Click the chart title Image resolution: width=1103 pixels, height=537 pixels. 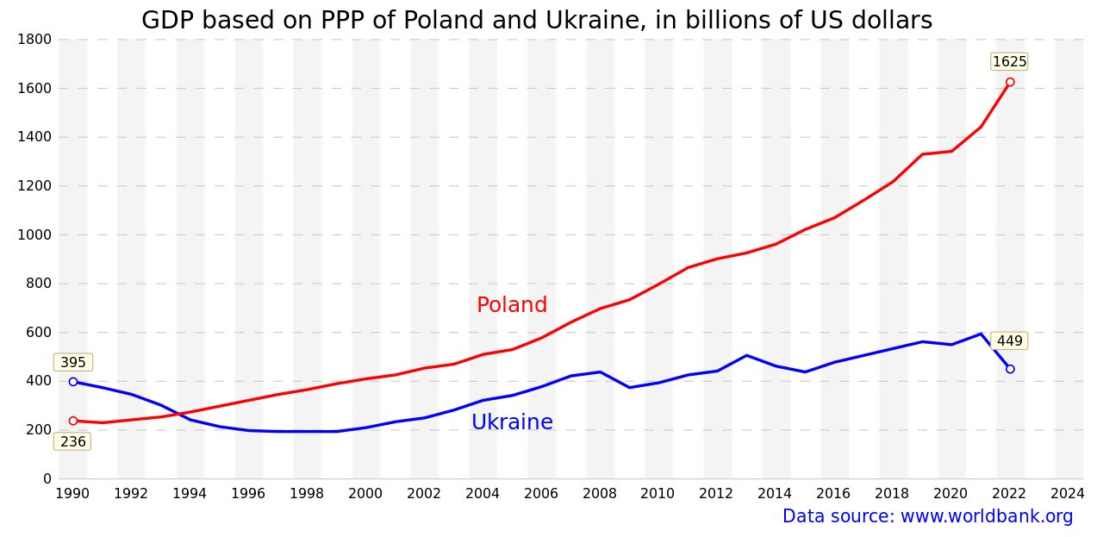pyautogui.click(x=536, y=21)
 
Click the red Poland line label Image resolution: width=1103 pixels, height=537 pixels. pyautogui.click(x=512, y=305)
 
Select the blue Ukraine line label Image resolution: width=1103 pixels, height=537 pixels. pyautogui.click(x=512, y=422)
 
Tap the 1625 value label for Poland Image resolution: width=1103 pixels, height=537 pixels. pyautogui.click(x=1009, y=62)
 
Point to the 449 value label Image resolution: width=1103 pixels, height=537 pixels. pyautogui.click(x=1009, y=341)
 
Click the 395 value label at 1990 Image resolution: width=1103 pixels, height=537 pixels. pyautogui.click(x=73, y=363)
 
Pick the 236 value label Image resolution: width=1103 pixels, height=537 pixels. pyautogui.click(x=73, y=441)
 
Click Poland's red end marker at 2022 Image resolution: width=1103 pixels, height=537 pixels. pyautogui.click(x=1010, y=83)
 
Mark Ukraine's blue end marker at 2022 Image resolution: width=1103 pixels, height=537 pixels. pyautogui.click(x=1010, y=369)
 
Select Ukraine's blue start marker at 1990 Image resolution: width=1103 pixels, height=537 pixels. pyautogui.click(x=73, y=382)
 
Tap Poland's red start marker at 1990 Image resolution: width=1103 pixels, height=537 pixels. pyautogui.click(x=73, y=421)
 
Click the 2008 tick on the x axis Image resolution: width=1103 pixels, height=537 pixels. pyautogui.click(x=600, y=494)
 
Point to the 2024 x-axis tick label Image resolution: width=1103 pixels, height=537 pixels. pyautogui.click(x=1068, y=494)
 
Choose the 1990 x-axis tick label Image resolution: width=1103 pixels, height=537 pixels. pyautogui.click(x=73, y=494)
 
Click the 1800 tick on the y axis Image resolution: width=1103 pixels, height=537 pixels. pyautogui.click(x=34, y=40)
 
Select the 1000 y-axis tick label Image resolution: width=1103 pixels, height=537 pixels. pyautogui.click(x=34, y=234)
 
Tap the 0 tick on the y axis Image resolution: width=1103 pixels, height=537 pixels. pyautogui.click(x=47, y=479)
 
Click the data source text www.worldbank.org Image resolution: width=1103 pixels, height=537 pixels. pyautogui.click(x=927, y=516)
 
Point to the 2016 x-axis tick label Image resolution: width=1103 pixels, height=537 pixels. pyautogui.click(x=833, y=494)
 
